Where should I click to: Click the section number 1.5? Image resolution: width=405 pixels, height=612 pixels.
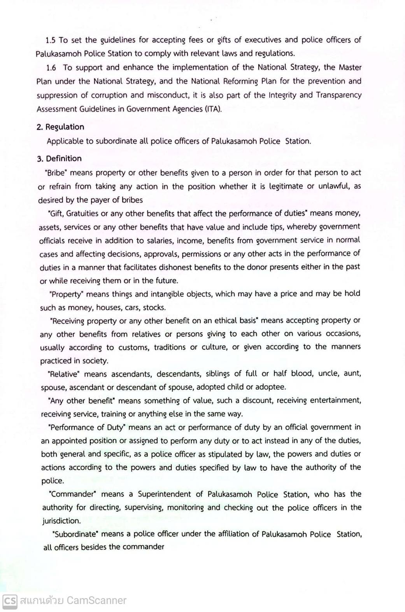pyautogui.click(x=51, y=40)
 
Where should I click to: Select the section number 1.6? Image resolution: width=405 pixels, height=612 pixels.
pyautogui.click(x=51, y=68)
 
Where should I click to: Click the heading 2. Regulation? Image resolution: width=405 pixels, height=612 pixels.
pyautogui.click(x=60, y=127)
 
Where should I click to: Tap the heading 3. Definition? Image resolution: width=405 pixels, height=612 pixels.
pyautogui.click(x=60, y=158)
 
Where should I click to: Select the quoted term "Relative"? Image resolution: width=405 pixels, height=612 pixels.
pyautogui.click(x=63, y=374)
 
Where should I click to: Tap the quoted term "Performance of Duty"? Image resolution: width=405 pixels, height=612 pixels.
pyautogui.click(x=87, y=427)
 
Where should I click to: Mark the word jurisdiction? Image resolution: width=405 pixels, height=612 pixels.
pyautogui.click(x=61, y=521)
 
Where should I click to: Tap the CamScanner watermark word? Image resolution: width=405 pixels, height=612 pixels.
pyautogui.click(x=96, y=600)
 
